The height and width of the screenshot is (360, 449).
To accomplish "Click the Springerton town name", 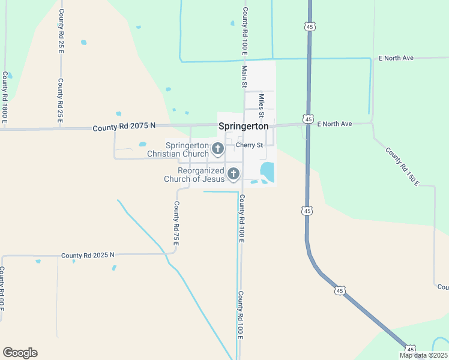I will point(243,126).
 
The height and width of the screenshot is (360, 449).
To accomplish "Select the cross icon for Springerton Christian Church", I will point(218,148).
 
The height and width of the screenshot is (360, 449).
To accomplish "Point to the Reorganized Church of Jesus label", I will point(194,175).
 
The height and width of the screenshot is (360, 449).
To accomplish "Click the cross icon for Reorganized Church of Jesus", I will point(234,174).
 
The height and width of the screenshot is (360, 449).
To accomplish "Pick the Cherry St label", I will point(249,145).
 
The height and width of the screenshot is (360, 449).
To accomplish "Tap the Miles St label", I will point(261,105).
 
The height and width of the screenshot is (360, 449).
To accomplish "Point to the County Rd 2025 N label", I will point(87,256).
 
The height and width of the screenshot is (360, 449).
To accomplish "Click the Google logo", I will point(20,353).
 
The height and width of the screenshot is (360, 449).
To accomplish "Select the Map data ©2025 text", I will point(423,355).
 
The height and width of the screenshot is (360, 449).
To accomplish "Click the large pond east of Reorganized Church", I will point(267,171).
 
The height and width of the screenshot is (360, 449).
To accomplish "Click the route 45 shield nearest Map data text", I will point(411,349).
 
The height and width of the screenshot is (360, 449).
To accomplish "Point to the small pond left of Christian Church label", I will point(142,144).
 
